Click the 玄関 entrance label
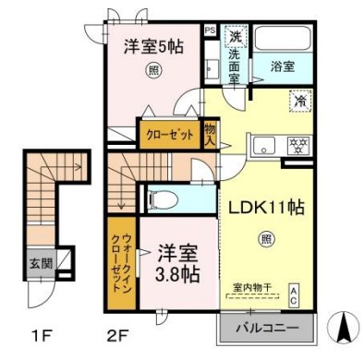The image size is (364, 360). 38,263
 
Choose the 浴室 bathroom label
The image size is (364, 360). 283,67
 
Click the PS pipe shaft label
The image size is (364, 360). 210,30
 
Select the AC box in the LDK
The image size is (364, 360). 294,294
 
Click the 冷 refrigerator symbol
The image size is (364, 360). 300,102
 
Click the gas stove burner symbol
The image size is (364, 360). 297,144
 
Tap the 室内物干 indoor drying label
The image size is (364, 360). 253,286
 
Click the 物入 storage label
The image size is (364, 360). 210,137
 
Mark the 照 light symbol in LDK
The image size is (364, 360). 264,239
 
